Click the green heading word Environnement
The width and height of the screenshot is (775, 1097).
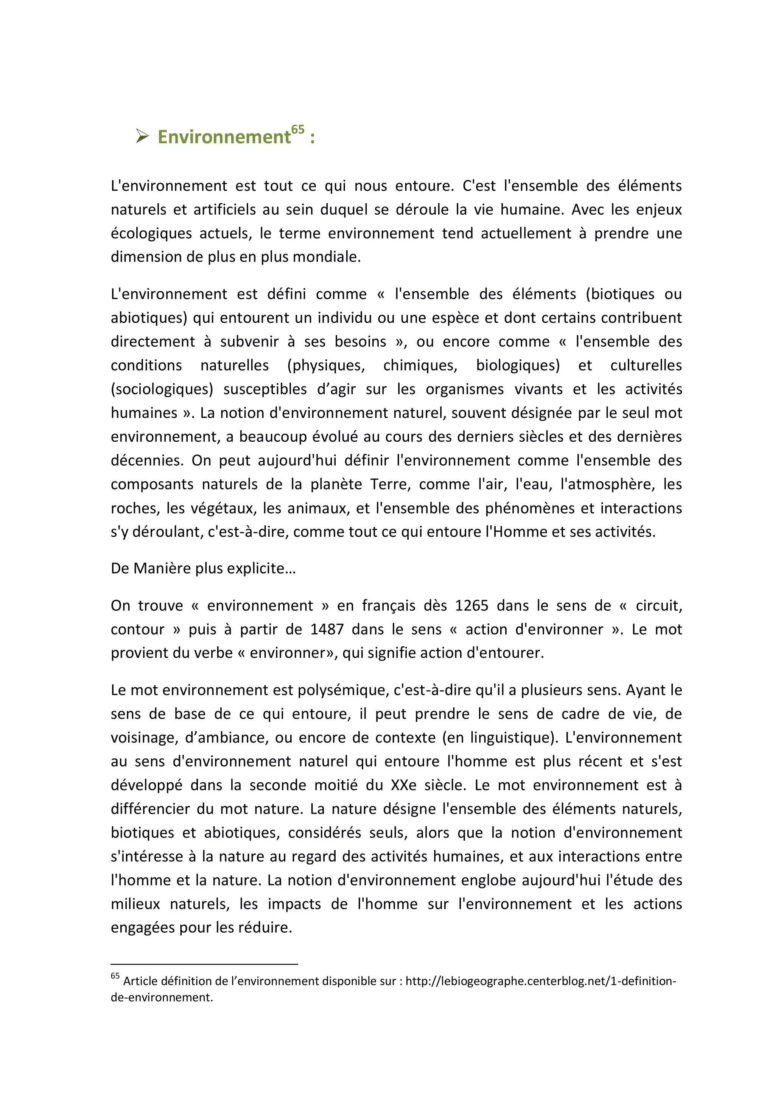(x=224, y=137)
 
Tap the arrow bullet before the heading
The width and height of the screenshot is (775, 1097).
(x=142, y=137)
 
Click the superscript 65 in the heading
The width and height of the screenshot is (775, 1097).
(x=297, y=130)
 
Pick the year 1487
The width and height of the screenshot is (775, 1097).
(x=327, y=629)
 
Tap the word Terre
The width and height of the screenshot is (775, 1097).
(x=390, y=484)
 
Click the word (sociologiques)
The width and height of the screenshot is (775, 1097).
(x=162, y=389)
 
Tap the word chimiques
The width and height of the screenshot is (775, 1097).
(x=420, y=365)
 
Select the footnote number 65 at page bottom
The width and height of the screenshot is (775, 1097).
(x=115, y=976)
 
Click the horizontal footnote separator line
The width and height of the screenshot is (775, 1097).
(x=204, y=964)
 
